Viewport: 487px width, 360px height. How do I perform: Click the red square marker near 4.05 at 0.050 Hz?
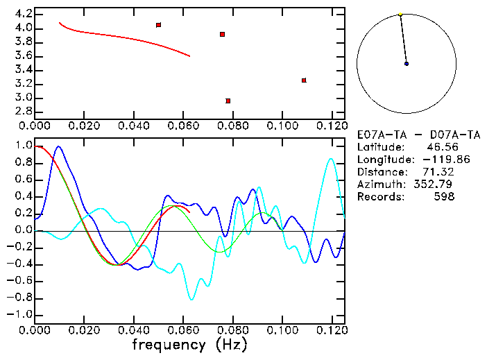tap(159, 25)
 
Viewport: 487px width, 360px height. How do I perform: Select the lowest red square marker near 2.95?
tap(228, 101)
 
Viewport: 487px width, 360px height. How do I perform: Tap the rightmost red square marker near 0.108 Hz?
tap(304, 80)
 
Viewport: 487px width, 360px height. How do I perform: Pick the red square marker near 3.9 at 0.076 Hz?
tap(222, 34)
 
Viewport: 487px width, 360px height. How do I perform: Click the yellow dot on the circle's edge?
tap(400, 14)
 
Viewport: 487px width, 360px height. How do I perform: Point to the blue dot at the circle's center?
tap(407, 64)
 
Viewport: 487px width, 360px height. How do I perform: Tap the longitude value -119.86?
tap(434, 160)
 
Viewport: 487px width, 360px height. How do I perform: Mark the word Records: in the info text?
tap(379, 197)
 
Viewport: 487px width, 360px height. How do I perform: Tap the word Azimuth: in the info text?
tap(379, 185)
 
